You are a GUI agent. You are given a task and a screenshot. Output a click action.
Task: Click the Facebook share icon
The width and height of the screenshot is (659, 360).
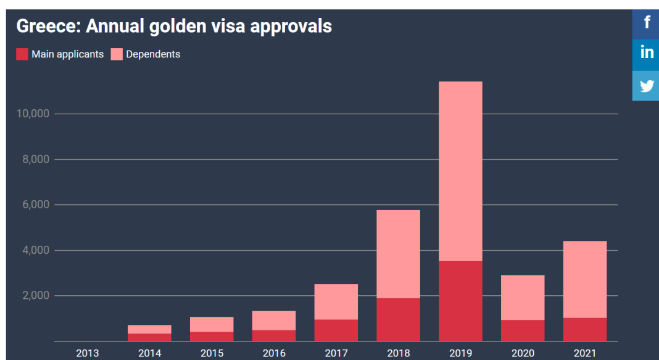pyautogui.click(x=647, y=23)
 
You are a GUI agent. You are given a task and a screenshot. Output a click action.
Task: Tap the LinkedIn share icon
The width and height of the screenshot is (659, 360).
pyautogui.click(x=647, y=54)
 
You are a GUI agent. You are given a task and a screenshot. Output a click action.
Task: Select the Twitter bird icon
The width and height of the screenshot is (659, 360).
pyautogui.click(x=647, y=85)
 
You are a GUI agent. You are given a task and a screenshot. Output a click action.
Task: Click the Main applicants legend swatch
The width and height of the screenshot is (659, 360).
pyautogui.click(x=22, y=54)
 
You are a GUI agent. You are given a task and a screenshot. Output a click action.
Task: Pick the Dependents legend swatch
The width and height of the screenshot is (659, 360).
pyautogui.click(x=117, y=54)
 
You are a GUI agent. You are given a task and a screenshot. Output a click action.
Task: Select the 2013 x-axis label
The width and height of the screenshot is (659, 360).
pyautogui.click(x=87, y=353)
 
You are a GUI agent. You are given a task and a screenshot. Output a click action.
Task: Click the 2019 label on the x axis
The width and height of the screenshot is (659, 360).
pyautogui.click(x=460, y=353)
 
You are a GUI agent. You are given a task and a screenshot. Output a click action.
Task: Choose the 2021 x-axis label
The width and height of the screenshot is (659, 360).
pyautogui.click(x=585, y=353)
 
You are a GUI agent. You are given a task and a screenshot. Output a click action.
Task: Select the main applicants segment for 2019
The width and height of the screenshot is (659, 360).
pyautogui.click(x=460, y=301)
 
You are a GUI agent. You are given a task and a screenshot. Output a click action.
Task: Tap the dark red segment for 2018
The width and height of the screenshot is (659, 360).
pyautogui.click(x=398, y=319)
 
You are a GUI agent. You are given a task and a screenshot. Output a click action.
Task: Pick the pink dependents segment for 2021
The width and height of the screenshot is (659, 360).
pyautogui.click(x=585, y=279)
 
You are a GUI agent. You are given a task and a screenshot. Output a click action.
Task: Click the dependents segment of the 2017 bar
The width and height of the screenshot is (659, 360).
pyautogui.click(x=336, y=301)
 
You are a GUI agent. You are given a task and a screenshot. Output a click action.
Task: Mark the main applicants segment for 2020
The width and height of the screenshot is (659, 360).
pyautogui.click(x=523, y=330)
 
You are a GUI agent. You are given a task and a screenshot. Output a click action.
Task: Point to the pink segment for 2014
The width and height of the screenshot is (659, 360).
pyautogui.click(x=149, y=329)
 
